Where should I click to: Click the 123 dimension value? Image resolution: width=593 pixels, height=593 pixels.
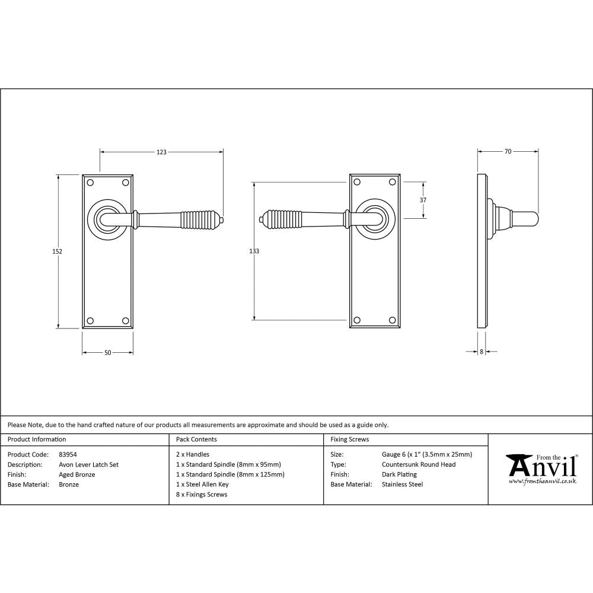pos(161,152)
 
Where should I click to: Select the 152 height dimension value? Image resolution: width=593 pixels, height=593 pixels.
pos(58,251)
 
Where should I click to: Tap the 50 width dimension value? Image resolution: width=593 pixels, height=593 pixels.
pos(107,353)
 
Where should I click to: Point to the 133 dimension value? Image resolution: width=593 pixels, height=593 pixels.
pos(254,251)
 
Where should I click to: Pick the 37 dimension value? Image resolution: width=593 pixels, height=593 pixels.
pos(423,200)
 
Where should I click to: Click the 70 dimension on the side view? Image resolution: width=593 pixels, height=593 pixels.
pos(508,152)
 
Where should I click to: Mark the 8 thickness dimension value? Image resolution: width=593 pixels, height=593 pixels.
pos(481,352)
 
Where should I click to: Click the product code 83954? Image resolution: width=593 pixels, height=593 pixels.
pos(68,455)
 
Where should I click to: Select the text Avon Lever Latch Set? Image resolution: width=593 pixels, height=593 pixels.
pos(88,465)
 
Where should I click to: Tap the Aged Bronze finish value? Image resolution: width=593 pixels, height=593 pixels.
pos(77,474)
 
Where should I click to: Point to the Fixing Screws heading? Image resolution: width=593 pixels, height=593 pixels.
pos(349,439)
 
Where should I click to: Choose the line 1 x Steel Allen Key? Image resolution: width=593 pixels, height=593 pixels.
pos(202,484)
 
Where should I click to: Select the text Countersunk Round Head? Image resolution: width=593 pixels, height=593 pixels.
pos(419,465)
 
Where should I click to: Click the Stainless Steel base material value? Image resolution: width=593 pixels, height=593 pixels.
pos(402,484)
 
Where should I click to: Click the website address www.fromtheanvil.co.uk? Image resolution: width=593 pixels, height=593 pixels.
pos(542,482)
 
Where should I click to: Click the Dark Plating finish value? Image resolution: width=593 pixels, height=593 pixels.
pos(399,474)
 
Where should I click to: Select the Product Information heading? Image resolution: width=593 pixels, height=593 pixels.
pos(37,439)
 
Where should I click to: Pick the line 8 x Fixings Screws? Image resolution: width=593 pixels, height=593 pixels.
pos(202,494)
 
